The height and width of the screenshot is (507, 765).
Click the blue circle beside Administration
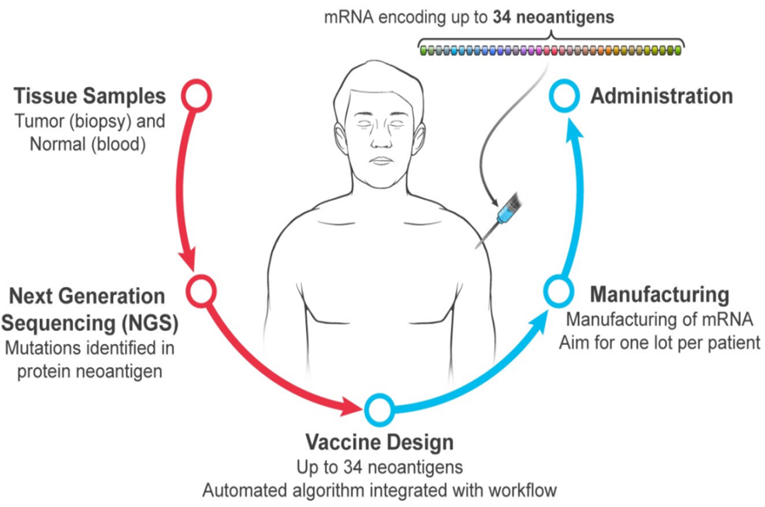coord(563,95)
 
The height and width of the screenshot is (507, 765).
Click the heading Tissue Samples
coord(90,96)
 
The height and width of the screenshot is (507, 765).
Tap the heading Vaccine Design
coord(379,443)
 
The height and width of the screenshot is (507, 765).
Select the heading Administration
coord(661,96)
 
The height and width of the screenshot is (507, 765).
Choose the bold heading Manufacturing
coord(659,296)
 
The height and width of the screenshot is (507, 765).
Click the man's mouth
coord(381,160)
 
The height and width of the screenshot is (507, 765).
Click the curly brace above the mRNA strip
coord(551,37)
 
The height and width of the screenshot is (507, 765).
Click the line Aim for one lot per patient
coord(659,342)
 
